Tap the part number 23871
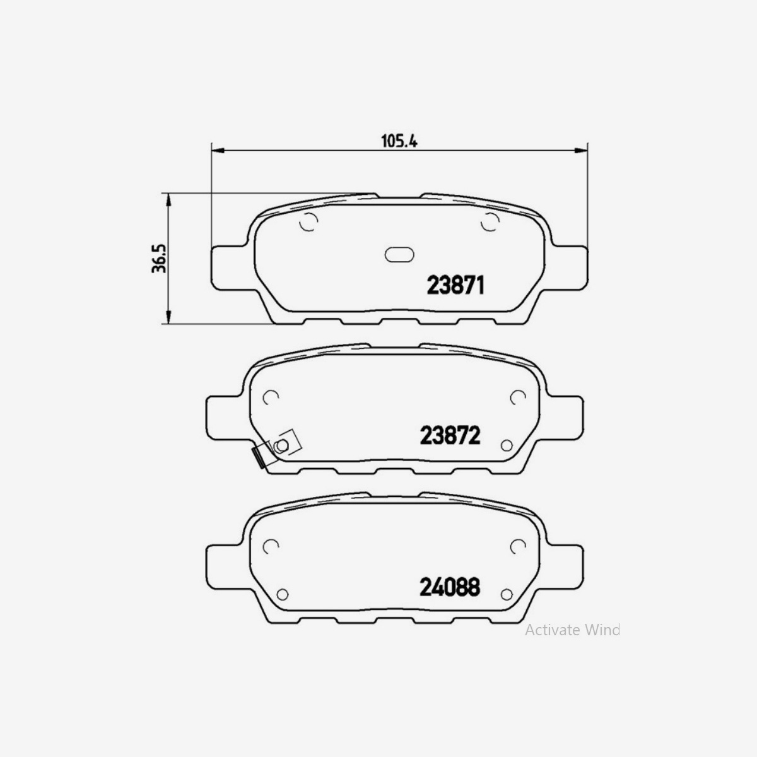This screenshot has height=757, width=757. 455,286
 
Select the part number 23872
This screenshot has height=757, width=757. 450,435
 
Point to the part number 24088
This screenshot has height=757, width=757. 450,587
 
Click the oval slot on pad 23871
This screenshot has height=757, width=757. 398,254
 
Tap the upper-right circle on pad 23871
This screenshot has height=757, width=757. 489,222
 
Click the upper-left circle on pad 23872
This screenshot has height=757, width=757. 271,397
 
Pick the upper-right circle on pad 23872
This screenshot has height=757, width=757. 517,397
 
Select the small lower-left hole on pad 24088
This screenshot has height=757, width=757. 282,594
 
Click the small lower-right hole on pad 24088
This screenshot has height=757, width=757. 505,594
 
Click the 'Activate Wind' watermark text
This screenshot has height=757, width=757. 572,630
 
